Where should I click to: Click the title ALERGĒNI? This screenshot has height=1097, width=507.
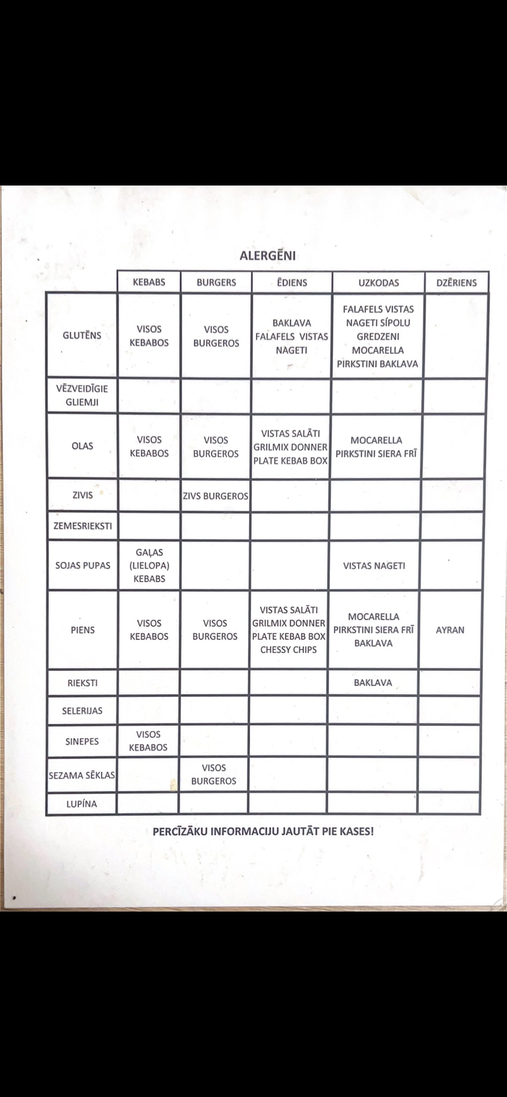[x=267, y=256]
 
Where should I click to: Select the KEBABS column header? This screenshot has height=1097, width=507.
[x=149, y=282]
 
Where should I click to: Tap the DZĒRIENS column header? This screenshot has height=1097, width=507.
[x=456, y=283]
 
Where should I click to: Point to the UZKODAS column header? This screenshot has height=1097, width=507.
[x=379, y=283]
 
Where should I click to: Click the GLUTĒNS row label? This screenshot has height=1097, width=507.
[x=82, y=335]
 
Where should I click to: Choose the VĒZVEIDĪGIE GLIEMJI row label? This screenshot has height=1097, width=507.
[x=82, y=395]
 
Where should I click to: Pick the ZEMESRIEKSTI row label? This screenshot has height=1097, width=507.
[x=82, y=526]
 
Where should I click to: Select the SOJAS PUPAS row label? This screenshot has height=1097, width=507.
[x=82, y=565]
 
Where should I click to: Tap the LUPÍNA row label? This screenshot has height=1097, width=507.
[x=81, y=804]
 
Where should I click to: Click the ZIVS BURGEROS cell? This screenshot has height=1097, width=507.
[x=215, y=496]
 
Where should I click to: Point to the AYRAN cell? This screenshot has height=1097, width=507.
[x=450, y=630]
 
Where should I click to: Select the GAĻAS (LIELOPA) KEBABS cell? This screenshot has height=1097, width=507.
[x=149, y=565]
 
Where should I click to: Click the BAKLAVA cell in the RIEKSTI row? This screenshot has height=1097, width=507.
[x=373, y=682]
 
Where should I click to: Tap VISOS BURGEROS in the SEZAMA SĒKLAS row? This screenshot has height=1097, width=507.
[x=213, y=774]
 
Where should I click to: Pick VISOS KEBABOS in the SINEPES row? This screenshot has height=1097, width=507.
[x=148, y=741]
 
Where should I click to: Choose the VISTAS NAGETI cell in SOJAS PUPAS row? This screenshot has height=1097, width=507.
[x=374, y=566]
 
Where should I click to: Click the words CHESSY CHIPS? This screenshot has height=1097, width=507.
[x=288, y=650]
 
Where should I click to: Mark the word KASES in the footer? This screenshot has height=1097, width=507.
[x=356, y=831]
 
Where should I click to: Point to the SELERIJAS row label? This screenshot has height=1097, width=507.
[x=82, y=711]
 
